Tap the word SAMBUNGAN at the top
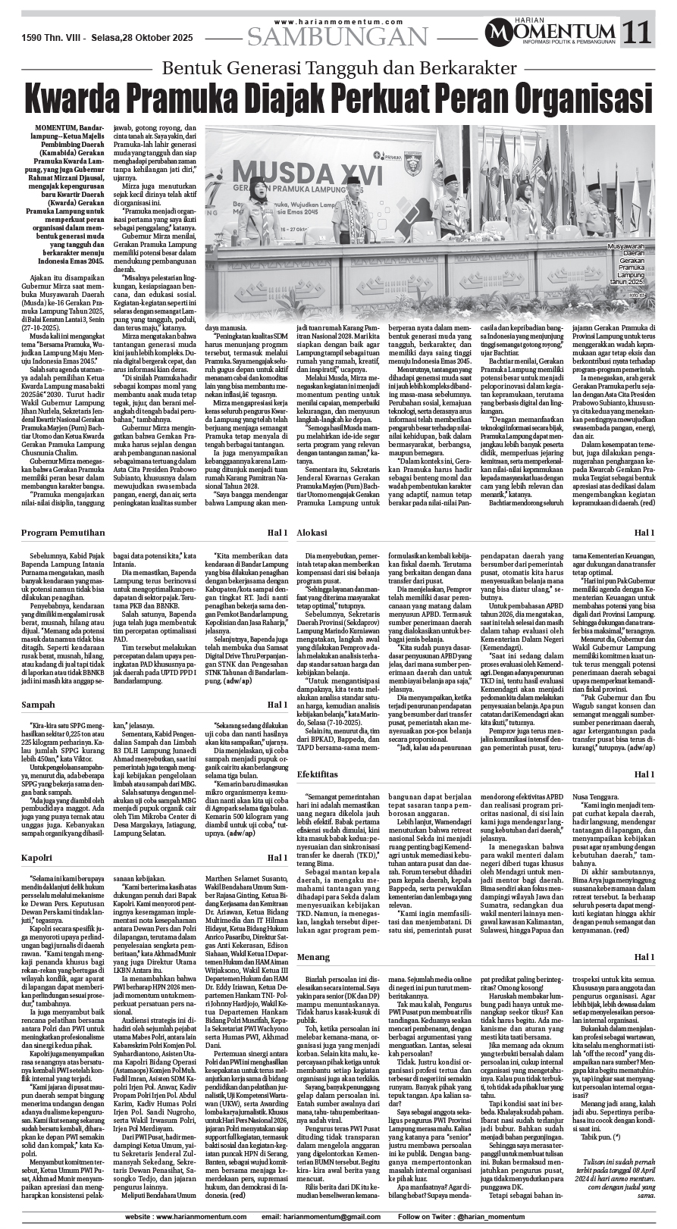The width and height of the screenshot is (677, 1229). click(x=337, y=36)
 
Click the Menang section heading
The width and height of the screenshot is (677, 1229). click(x=313, y=958)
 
